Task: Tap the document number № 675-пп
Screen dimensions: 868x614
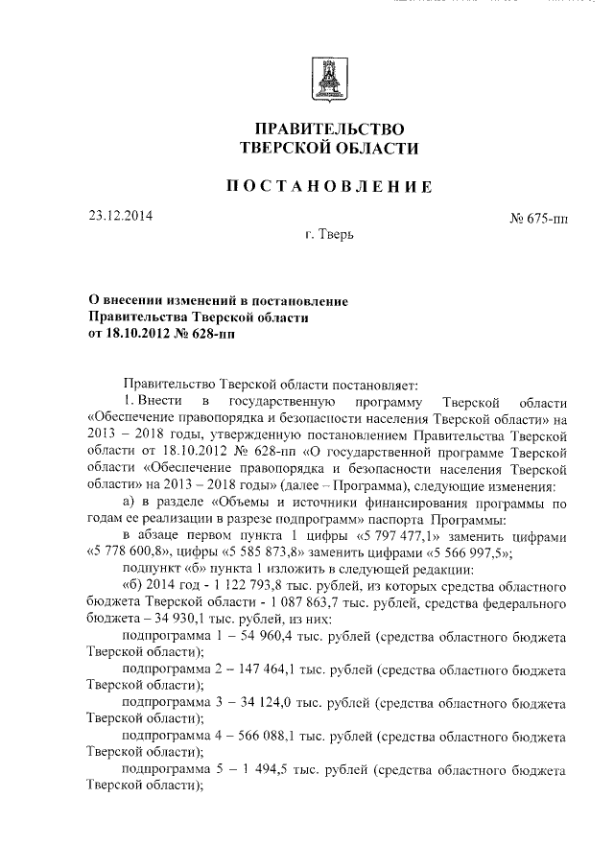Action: pyautogui.click(x=538, y=220)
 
